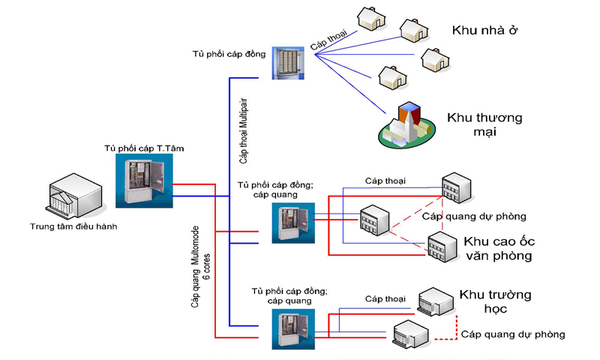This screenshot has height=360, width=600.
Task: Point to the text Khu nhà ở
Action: [485, 31]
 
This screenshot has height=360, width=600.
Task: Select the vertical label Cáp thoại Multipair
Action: [244, 130]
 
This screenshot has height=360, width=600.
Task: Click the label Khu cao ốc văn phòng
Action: [497, 248]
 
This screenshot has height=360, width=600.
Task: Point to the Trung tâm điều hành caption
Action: [73, 226]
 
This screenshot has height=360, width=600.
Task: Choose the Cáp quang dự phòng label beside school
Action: [513, 334]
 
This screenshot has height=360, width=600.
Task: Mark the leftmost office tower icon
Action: [373, 219]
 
